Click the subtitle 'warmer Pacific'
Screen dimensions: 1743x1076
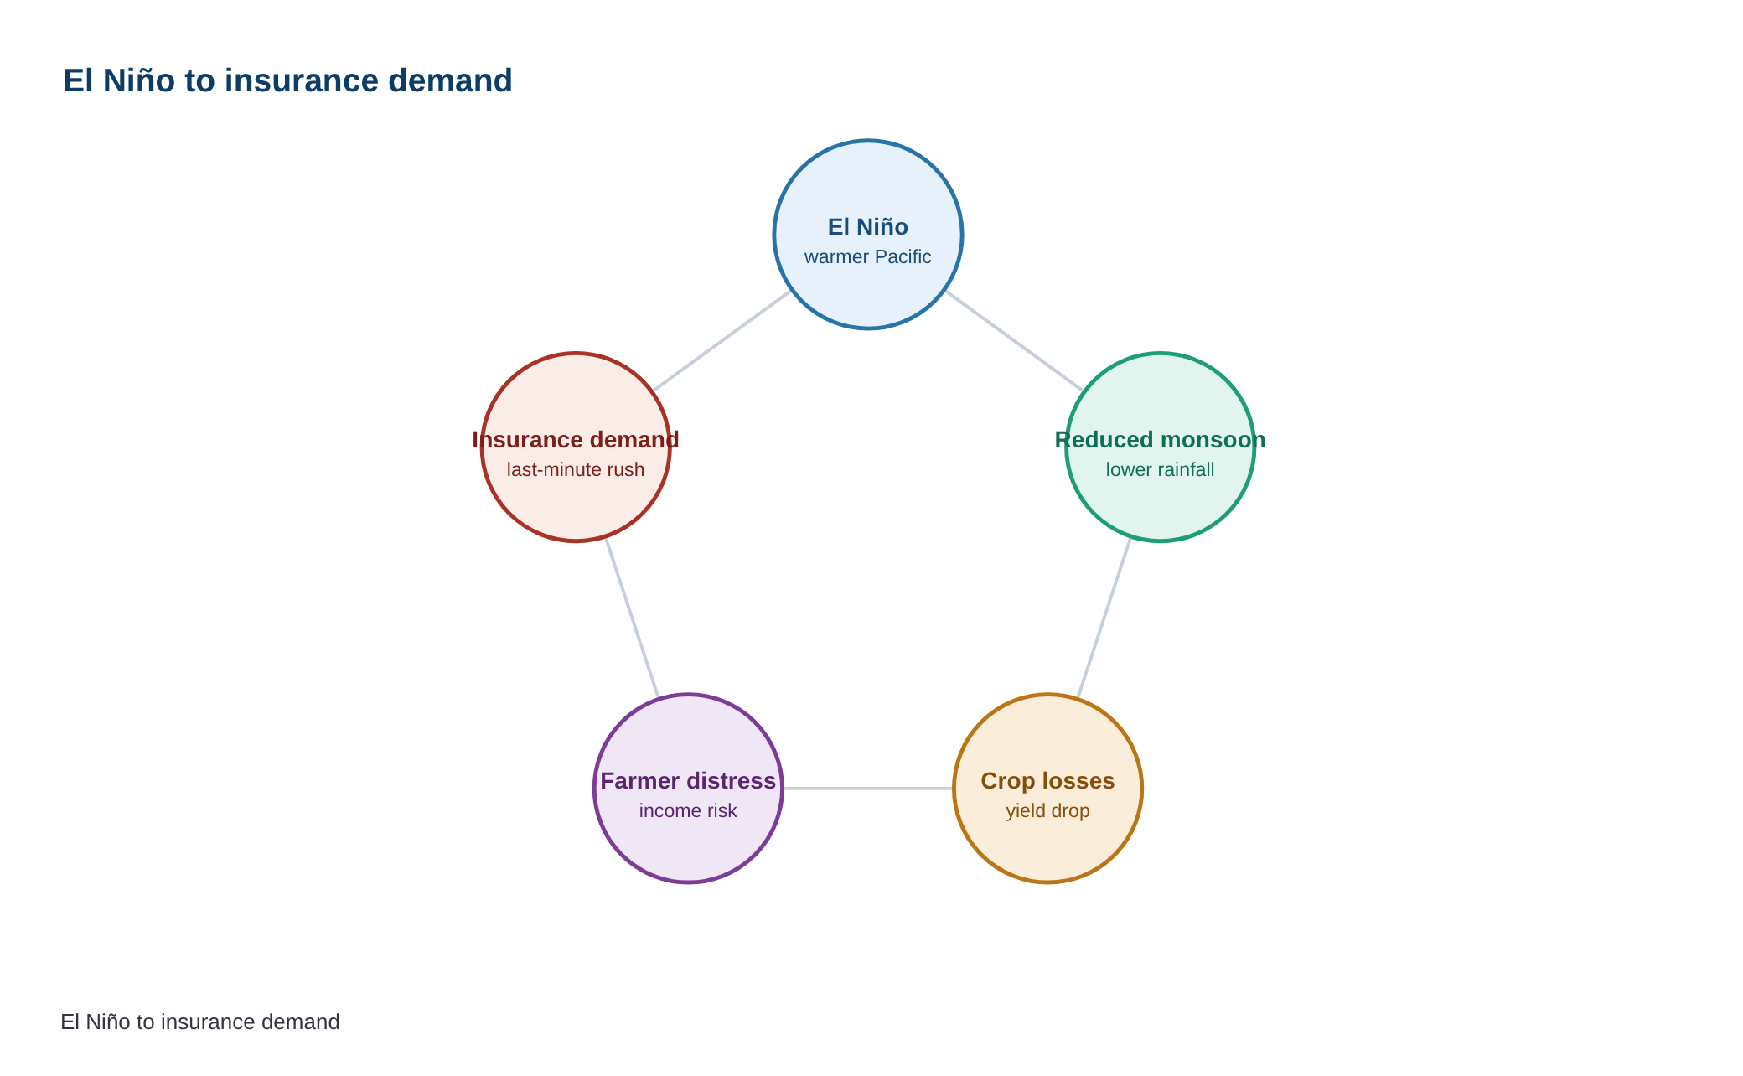tap(868, 256)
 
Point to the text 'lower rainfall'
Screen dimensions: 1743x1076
tap(1161, 469)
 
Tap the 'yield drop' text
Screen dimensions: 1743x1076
tap(1048, 810)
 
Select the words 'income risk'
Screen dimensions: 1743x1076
tap(688, 810)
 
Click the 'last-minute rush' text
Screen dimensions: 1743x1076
tap(576, 469)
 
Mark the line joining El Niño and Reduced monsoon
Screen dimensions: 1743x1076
tap(1014, 341)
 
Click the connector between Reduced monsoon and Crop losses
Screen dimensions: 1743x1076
tap(1104, 618)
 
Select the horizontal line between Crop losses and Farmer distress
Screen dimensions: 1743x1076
tap(868, 789)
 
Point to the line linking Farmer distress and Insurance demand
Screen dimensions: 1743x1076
tap(632, 618)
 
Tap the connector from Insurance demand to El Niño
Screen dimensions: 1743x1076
tap(722, 341)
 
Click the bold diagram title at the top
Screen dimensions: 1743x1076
tap(287, 80)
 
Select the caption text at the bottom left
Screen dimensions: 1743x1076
tap(200, 1022)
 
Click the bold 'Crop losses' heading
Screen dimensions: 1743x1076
tap(1048, 780)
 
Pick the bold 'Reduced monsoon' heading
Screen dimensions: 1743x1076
tap(1161, 439)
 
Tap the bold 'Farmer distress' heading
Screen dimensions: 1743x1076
tap(688, 780)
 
